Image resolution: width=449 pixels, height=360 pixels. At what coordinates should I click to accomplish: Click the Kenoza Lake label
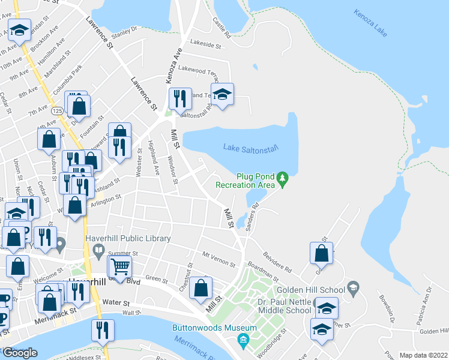(x=370, y=22)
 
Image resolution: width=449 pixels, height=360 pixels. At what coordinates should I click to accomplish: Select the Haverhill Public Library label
(x=128, y=238)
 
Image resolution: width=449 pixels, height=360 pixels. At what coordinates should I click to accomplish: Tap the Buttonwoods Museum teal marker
(x=244, y=341)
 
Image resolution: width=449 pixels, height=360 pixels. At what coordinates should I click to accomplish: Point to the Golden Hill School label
(x=319, y=289)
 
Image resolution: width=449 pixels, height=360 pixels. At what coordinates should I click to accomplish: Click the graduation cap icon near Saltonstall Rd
(x=223, y=95)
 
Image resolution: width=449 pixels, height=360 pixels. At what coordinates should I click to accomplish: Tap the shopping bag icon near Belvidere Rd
(x=322, y=253)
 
